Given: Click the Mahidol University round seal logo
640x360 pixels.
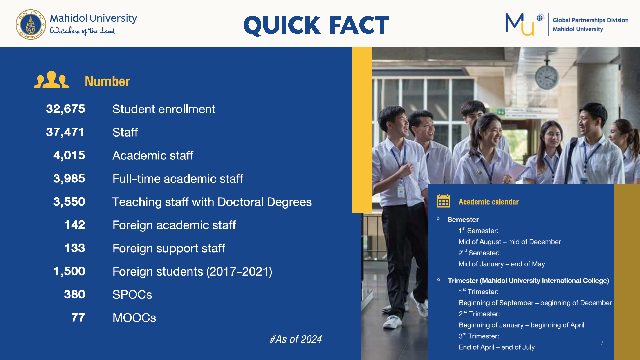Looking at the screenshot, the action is click(x=31, y=24).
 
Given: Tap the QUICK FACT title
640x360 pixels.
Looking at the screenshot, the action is click(x=316, y=25).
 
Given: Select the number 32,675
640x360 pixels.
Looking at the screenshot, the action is click(x=66, y=109).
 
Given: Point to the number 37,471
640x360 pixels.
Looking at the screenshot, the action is click(x=65, y=132).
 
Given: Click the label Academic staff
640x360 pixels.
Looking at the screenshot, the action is click(x=153, y=155).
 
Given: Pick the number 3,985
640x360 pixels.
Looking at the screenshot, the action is click(x=69, y=179).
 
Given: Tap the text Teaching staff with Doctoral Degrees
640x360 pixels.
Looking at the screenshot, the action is click(x=212, y=202).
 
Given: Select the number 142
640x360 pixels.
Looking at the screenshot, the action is click(x=75, y=225).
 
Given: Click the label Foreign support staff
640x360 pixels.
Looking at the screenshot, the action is click(x=169, y=248).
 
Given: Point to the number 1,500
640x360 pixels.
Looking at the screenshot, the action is click(x=69, y=271).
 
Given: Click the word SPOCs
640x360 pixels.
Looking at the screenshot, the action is click(x=132, y=295).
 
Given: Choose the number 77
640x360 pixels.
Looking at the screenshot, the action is click(x=78, y=318).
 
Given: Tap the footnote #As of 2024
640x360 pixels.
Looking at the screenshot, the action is click(x=296, y=339).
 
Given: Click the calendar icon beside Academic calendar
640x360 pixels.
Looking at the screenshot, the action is click(x=444, y=201).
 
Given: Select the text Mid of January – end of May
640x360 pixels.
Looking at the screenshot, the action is click(x=502, y=264).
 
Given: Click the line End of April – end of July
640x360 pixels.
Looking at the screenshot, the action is click(x=497, y=347).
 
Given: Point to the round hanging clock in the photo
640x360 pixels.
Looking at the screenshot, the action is click(x=547, y=77).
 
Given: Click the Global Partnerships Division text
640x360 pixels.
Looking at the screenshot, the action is click(x=591, y=20).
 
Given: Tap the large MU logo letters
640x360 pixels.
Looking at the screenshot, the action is click(x=520, y=24).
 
